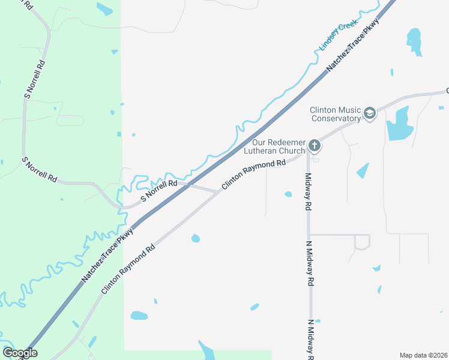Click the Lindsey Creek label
pyautogui.click(x=338, y=34)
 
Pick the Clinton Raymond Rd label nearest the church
pyautogui.click(x=253, y=175)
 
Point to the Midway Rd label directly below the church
pyautogui.click(x=308, y=191)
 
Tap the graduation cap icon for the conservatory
pyautogui.click(x=370, y=113)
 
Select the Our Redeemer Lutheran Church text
pyautogui.click(x=279, y=146)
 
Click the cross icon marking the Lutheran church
pyautogui.click(x=313, y=145)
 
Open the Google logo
pyautogui.click(x=20, y=353)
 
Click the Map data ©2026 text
pyautogui.click(x=424, y=355)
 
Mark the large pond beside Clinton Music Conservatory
pyautogui.click(x=397, y=125)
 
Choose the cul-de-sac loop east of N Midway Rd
pyautogui.click(x=362, y=242)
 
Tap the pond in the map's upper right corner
pyautogui.click(x=414, y=41)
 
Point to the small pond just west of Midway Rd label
pyautogui.click(x=288, y=194)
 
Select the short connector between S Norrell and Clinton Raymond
pyautogui.click(x=204, y=189)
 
